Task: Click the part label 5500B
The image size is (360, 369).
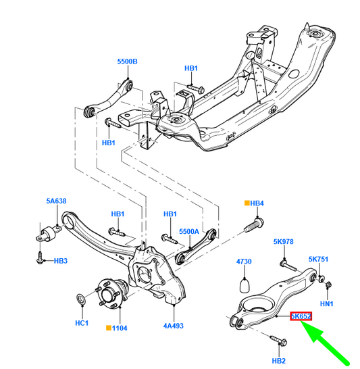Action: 127,62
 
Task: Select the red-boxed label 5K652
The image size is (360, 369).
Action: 300,316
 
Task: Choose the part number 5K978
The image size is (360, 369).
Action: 283,241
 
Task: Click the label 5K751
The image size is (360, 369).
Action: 319,259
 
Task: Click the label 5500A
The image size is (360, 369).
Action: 190,231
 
